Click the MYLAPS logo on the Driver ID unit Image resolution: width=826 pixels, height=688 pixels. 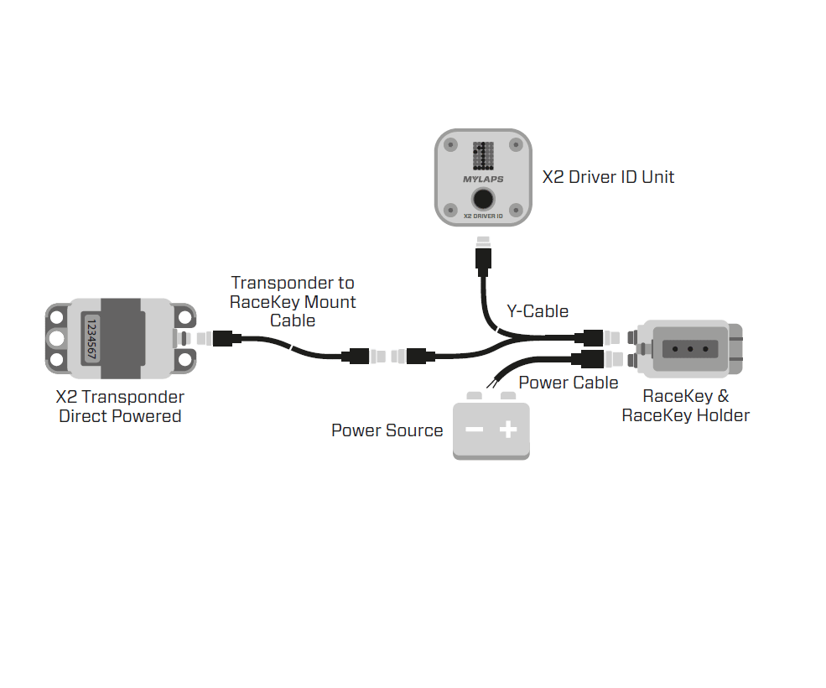coord(483,179)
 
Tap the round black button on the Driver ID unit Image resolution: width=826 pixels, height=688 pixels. coord(483,200)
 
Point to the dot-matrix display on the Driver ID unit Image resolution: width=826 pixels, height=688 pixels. coord(483,154)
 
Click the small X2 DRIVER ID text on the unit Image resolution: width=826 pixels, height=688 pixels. coord(483,216)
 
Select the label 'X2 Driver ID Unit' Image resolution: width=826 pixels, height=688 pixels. coord(608,177)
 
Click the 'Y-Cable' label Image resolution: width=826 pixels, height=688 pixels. coord(538,311)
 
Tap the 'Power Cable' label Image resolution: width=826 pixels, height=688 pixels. coord(569,383)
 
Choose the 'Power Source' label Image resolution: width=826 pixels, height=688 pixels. coord(387,430)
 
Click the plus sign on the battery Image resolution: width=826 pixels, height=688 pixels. coord(508,430)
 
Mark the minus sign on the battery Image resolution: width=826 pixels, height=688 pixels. coord(474,430)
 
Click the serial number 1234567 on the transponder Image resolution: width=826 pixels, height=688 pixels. coord(91,338)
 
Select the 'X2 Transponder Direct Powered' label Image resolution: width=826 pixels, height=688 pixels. coord(120,406)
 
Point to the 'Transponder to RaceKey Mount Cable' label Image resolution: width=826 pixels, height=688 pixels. coord(293,302)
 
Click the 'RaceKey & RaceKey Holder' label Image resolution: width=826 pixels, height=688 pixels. coord(685,406)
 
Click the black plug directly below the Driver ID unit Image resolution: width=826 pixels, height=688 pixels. coord(483,261)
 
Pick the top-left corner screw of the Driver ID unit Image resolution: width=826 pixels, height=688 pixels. coord(450,144)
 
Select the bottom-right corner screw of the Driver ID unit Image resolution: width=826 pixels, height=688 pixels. coord(517,210)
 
